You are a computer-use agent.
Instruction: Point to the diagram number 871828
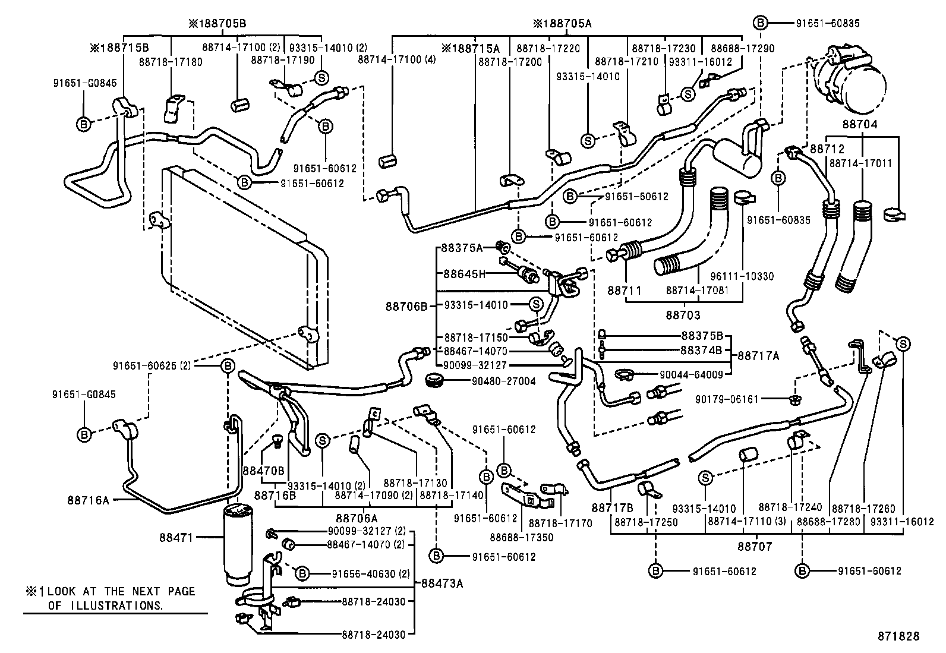point(898,636)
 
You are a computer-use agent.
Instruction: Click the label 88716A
point(89,500)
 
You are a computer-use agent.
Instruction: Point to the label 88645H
point(464,274)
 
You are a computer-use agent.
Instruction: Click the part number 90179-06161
point(727,399)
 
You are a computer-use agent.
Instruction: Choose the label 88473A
point(442,583)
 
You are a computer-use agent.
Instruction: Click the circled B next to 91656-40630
point(302,573)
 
